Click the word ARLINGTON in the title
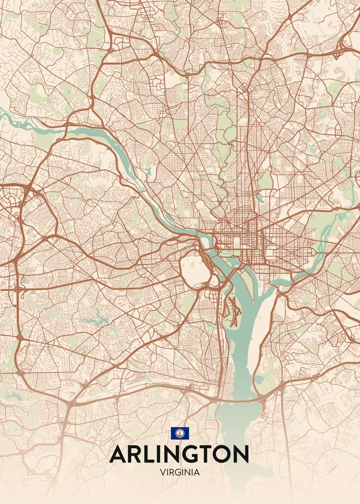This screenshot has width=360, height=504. click(179, 454)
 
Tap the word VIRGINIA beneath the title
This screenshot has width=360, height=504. click(180, 472)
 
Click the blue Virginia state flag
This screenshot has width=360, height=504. click(180, 433)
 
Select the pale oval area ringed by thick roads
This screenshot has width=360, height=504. click(194, 269)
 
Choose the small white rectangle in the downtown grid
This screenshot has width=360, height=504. click(236, 241)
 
